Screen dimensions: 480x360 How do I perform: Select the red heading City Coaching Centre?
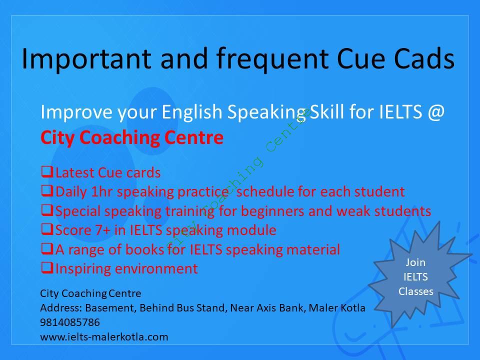click(x=132, y=138)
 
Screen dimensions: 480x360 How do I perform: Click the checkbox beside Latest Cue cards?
click(x=47, y=171)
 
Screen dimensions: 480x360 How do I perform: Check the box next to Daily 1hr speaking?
click(x=47, y=191)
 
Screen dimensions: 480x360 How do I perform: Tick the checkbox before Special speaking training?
click(x=47, y=210)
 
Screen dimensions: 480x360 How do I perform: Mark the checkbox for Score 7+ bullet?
click(x=47, y=229)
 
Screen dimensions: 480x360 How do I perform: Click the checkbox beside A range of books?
click(x=47, y=248)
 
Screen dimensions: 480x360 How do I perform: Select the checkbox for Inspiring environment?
click(x=47, y=268)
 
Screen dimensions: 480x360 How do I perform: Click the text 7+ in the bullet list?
click(x=102, y=230)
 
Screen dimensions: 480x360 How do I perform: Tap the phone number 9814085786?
click(x=70, y=322)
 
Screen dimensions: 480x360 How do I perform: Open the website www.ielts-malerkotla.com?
click(x=104, y=337)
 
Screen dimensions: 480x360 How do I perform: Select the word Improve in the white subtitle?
click(x=76, y=112)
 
